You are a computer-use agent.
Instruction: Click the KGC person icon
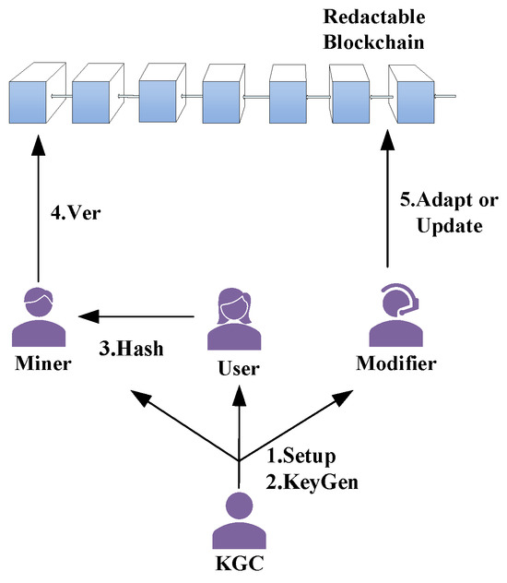[239, 523]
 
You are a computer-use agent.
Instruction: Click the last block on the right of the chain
[411, 95]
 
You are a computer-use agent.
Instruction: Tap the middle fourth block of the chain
[222, 95]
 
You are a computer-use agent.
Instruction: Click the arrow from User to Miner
[138, 317]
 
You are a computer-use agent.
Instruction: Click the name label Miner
[40, 363]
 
